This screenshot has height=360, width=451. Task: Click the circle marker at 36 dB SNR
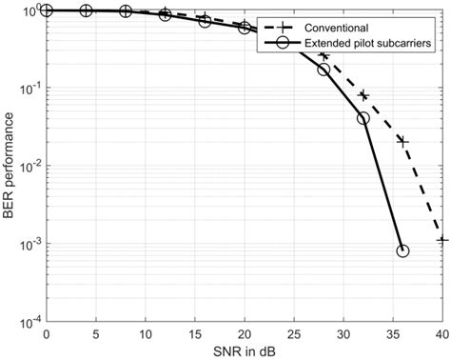pos(402,250)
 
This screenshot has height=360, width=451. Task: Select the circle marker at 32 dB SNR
pos(363,118)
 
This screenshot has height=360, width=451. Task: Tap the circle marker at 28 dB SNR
pos(324,70)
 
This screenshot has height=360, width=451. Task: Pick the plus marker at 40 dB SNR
pos(441,240)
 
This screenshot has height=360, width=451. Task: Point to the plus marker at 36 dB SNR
pos(402,141)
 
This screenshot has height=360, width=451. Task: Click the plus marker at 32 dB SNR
pos(363,94)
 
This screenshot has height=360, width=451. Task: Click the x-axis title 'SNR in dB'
pos(244,350)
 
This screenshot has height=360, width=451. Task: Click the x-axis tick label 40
pos(441,335)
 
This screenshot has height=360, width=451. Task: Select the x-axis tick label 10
pos(145,335)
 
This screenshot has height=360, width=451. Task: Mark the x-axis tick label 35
pos(392,335)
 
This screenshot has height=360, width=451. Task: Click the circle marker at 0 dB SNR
pos(46,10)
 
